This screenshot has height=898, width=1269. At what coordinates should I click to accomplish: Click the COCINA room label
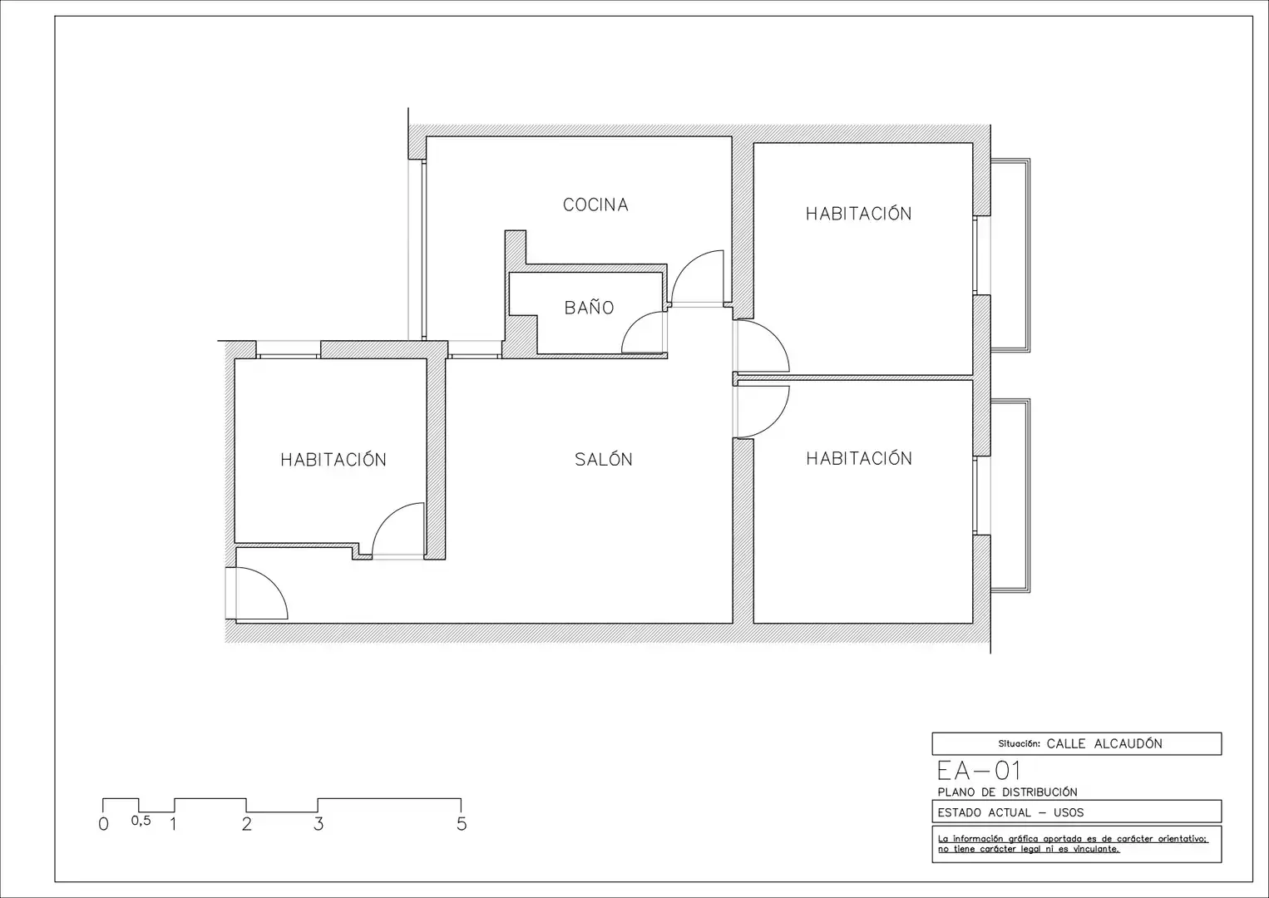pyautogui.click(x=595, y=205)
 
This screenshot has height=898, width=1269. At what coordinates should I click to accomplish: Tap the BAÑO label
pyautogui.click(x=589, y=307)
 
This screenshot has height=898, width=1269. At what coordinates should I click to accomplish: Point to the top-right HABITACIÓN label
pyautogui.click(x=859, y=213)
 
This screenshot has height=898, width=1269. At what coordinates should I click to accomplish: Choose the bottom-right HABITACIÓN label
pyautogui.click(x=859, y=457)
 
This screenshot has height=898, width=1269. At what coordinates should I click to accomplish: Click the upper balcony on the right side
pyautogui.click(x=1010, y=255)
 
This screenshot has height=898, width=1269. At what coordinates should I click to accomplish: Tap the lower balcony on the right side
pyautogui.click(x=1010, y=496)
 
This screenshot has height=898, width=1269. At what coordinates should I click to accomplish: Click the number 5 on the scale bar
pyautogui.click(x=462, y=824)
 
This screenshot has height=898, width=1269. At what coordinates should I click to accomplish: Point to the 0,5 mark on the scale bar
pyautogui.click(x=141, y=821)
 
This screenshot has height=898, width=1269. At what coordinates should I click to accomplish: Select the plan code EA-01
pyautogui.click(x=979, y=771)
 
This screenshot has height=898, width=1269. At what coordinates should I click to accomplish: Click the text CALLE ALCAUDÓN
pyautogui.click(x=1104, y=744)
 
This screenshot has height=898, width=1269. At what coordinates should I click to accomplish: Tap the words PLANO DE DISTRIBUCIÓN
pyautogui.click(x=1007, y=792)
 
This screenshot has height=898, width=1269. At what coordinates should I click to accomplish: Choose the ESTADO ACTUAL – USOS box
pyautogui.click(x=1076, y=812)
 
